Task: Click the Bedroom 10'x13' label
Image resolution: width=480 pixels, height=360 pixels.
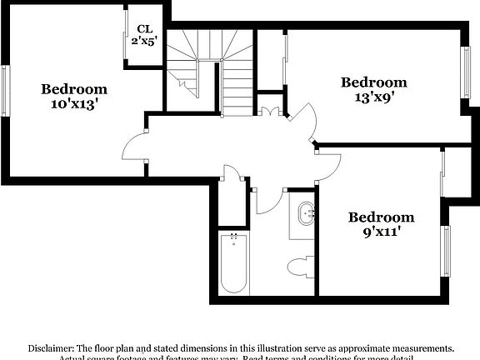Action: click(75, 97)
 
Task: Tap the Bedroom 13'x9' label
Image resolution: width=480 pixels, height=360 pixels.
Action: click(374, 89)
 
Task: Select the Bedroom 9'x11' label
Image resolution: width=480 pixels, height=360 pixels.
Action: click(381, 225)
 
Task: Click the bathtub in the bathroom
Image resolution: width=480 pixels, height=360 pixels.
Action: click(233, 262)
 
